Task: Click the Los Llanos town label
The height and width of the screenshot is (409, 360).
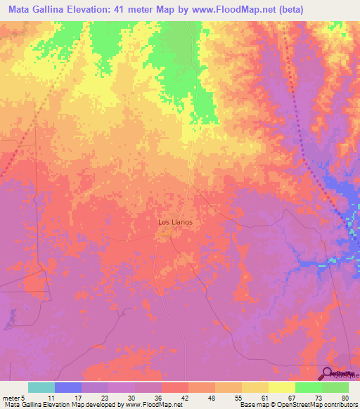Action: pos(174,222)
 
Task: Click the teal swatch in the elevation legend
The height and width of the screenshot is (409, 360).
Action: pos(41,387)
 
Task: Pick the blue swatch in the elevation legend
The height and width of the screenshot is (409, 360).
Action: pos(67,387)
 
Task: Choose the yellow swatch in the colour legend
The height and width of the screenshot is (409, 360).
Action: pos(281,387)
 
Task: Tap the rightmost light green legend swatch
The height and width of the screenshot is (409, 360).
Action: pos(334,387)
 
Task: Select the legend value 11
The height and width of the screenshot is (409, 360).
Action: pos(50,397)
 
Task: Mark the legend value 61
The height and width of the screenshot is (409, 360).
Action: pos(263,397)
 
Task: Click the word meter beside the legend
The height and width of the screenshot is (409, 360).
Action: pos(13,397)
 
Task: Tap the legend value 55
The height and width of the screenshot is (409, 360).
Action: pos(236,397)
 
